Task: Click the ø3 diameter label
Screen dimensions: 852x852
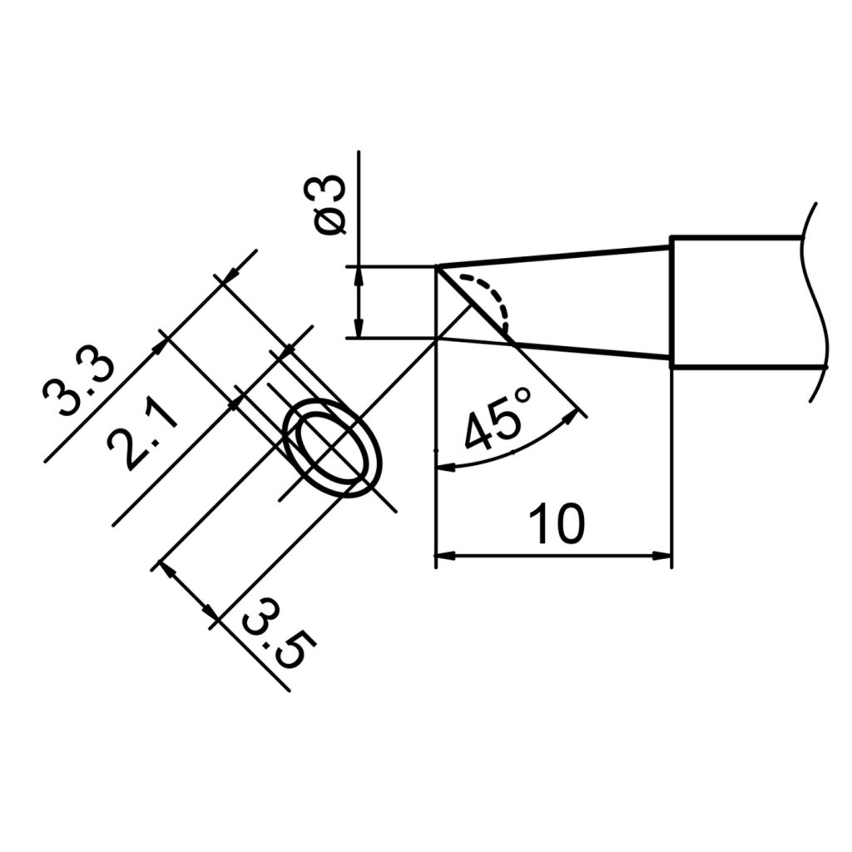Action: coord(332,206)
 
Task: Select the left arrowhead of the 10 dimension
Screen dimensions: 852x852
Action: coord(444,555)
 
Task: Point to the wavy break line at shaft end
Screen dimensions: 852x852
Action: coord(816,300)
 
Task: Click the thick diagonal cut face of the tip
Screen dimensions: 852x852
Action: coord(473,303)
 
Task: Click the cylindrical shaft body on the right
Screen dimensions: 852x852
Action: coord(736,301)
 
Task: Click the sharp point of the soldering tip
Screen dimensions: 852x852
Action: coord(438,268)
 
